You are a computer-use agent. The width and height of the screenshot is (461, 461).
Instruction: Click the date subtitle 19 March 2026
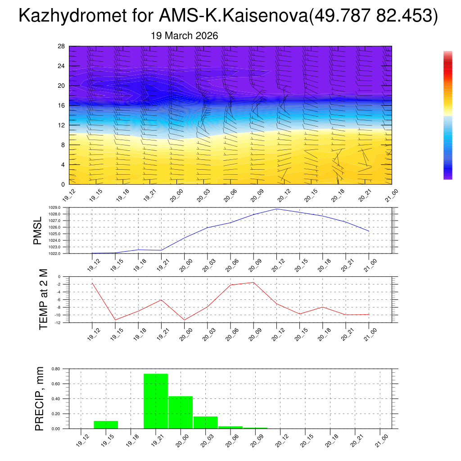(185, 36)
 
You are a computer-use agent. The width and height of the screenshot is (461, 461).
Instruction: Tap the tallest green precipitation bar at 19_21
(156, 401)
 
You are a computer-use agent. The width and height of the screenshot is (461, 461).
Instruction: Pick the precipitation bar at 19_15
(106, 425)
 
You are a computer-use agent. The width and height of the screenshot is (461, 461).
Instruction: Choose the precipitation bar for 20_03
(205, 422)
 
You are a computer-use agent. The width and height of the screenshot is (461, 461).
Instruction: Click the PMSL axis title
(38, 230)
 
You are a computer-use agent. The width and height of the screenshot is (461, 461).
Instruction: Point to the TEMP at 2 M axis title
(43, 299)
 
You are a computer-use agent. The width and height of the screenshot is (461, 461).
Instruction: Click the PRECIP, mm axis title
(40, 399)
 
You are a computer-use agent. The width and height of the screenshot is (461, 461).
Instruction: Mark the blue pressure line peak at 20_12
(276, 209)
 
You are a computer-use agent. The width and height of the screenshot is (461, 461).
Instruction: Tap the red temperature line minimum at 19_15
(115, 320)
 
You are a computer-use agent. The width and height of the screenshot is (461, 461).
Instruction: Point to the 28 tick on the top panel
(62, 46)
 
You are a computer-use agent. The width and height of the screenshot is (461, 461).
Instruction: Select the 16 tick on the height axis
(62, 105)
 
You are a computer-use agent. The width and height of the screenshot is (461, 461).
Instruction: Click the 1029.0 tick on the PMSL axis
(55, 208)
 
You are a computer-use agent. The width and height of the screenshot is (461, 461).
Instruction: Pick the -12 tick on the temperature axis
(58, 322)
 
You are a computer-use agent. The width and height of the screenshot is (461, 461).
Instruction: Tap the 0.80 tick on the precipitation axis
(56, 369)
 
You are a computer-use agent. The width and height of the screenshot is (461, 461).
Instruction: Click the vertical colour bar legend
(447, 115)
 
